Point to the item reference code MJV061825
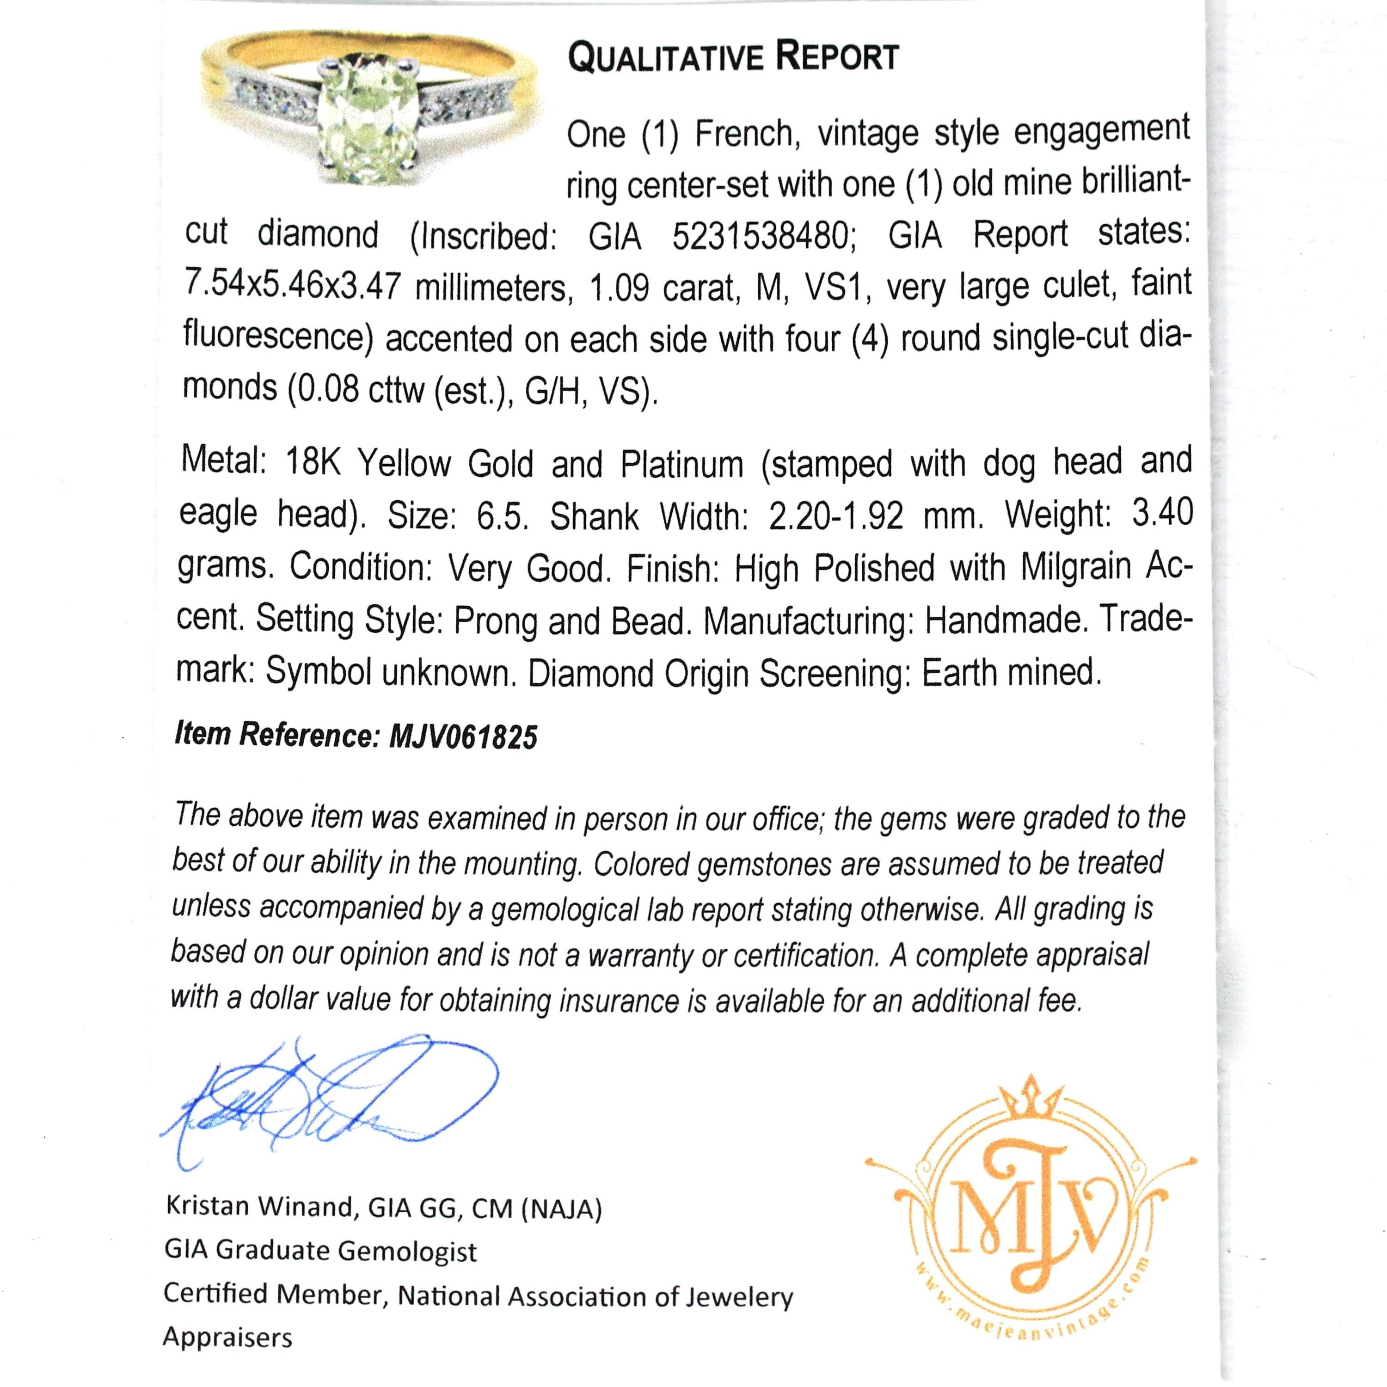point(463,737)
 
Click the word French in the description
point(744,134)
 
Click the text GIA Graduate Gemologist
point(320,1252)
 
